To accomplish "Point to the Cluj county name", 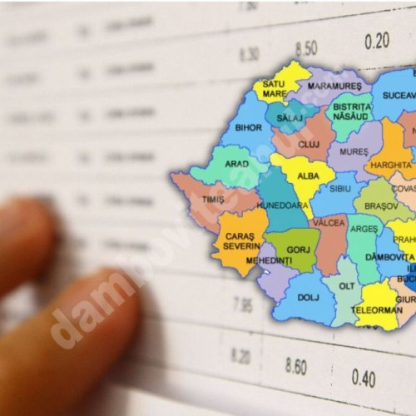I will (309, 144).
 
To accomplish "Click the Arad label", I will (237, 164).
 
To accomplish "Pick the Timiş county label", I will (214, 200).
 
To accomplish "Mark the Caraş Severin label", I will (240, 242).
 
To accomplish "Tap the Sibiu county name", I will (341, 189).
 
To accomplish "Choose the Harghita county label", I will (390, 165).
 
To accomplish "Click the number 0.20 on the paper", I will (376, 40).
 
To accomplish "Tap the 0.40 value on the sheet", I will (363, 378).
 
